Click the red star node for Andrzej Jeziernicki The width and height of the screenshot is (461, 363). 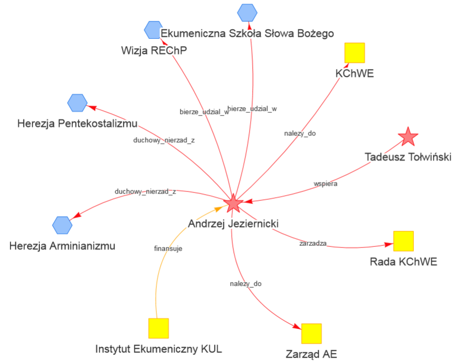[233, 203]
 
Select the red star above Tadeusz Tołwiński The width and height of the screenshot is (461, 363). [408, 137]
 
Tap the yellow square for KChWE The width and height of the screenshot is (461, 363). [354, 53]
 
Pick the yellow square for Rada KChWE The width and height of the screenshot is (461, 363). [403, 241]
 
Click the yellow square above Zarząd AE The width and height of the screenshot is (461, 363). [311, 333]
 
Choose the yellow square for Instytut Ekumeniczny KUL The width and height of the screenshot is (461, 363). [158, 328]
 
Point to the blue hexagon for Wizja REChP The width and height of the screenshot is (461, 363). [153, 29]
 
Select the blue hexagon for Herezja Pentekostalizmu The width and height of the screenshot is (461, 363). [77, 103]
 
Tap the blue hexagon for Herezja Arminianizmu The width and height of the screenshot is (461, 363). [62, 225]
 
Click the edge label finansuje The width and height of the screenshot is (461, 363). [168, 249]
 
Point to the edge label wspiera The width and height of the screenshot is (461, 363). [325, 184]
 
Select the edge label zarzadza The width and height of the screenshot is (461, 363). [313, 243]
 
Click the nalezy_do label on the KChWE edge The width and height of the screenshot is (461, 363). [300, 133]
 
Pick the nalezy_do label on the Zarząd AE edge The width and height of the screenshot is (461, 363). [245, 284]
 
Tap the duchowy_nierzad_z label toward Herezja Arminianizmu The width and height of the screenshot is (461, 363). [145, 191]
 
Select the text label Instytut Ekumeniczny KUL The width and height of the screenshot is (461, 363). [159, 349]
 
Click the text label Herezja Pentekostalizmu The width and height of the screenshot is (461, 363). [77, 124]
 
